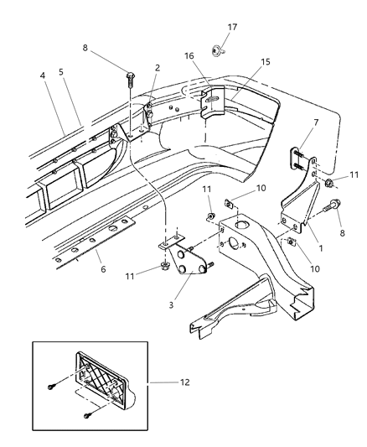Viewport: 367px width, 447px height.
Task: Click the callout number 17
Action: [233, 28]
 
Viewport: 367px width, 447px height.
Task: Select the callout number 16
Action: [189, 56]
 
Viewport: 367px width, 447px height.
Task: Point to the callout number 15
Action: [242, 63]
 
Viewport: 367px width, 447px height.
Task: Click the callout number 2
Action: [157, 68]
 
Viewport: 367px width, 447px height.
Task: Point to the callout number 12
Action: [183, 382]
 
